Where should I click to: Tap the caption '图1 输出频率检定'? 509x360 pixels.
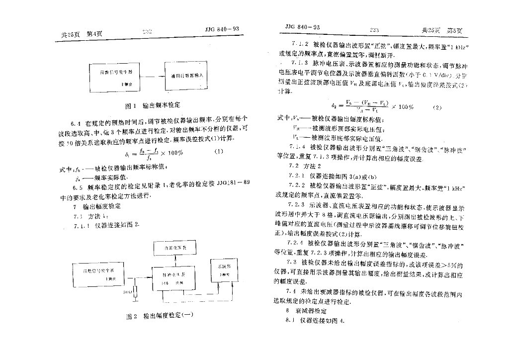tap(153, 105)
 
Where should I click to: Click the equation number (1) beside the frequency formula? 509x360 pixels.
tap(219, 151)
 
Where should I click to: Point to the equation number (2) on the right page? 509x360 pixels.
tap(437, 107)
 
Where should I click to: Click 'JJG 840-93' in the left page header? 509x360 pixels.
tap(222, 29)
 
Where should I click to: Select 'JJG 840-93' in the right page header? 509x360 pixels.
tap(303, 26)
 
